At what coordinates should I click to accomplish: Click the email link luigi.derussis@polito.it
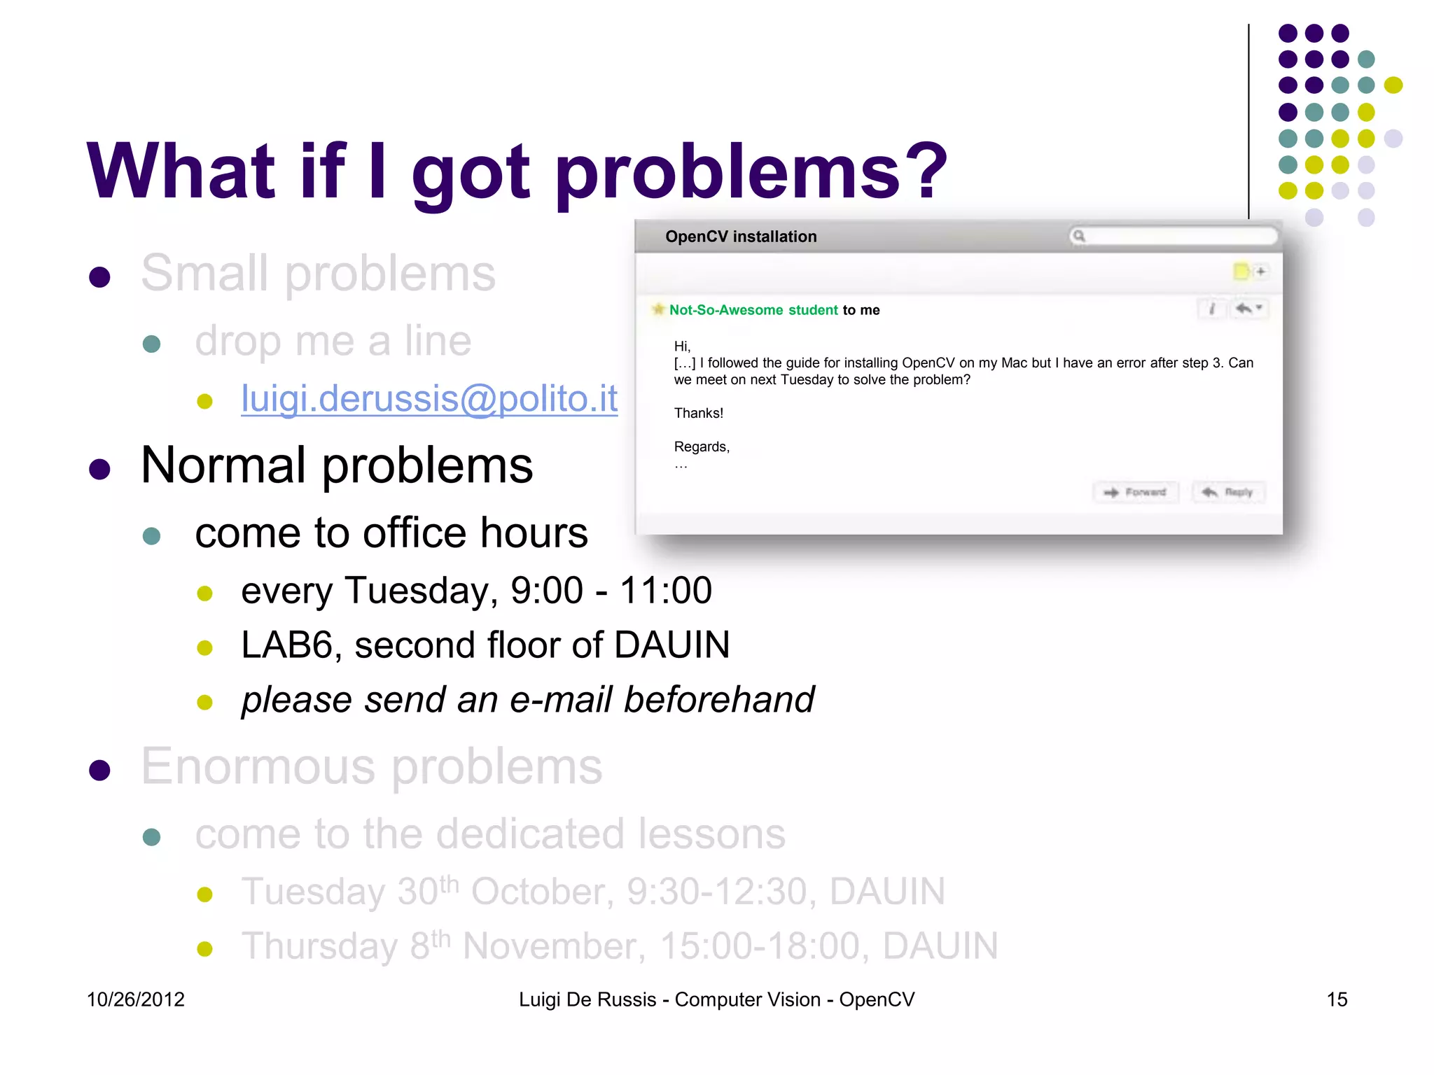(429, 399)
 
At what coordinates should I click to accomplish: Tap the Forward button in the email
(1136, 492)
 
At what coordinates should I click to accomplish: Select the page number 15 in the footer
(1337, 999)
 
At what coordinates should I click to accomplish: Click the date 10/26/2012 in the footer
(135, 999)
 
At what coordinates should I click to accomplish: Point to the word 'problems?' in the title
(750, 171)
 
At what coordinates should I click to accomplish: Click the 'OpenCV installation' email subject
(741, 237)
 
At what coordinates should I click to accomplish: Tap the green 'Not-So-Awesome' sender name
(725, 310)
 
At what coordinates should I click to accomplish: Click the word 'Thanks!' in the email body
(698, 413)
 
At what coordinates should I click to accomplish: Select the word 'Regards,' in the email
(702, 447)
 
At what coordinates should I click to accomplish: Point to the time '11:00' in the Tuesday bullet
(666, 590)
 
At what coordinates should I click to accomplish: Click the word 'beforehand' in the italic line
(719, 700)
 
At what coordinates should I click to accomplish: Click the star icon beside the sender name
(658, 309)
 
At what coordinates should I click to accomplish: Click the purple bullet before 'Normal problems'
(100, 469)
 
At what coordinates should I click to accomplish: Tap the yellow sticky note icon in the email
(1241, 271)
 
